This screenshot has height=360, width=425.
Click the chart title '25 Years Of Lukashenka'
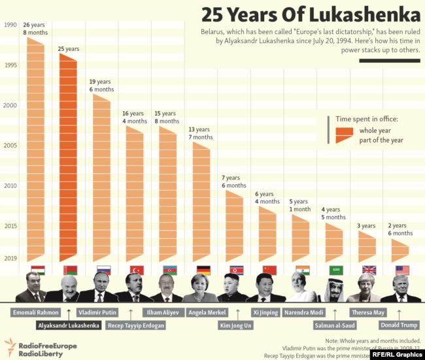[311, 14]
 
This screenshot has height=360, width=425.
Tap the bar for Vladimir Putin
[102, 180]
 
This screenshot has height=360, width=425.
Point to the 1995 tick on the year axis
[10, 65]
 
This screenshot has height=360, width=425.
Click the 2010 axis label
[10, 186]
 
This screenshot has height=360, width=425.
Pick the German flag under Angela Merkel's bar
[203, 270]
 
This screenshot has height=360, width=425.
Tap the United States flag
[402, 270]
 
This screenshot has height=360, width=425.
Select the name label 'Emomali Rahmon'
[35, 312]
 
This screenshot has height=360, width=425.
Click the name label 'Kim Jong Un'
[235, 325]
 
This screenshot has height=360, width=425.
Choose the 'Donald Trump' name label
[399, 325]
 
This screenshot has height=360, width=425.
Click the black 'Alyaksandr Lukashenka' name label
[69, 325]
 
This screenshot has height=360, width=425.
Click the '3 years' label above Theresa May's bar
[367, 226]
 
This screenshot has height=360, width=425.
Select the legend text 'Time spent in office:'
[367, 119]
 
